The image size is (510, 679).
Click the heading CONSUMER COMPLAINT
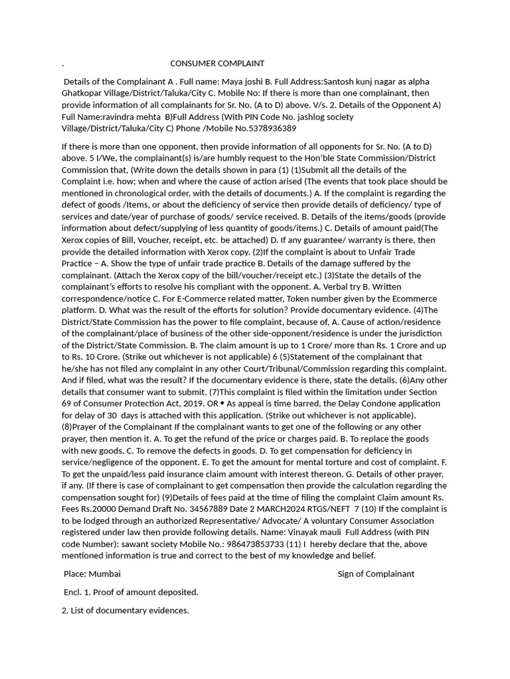(217, 64)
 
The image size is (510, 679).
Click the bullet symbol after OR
(222, 404)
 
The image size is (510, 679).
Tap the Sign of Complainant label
(376, 574)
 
